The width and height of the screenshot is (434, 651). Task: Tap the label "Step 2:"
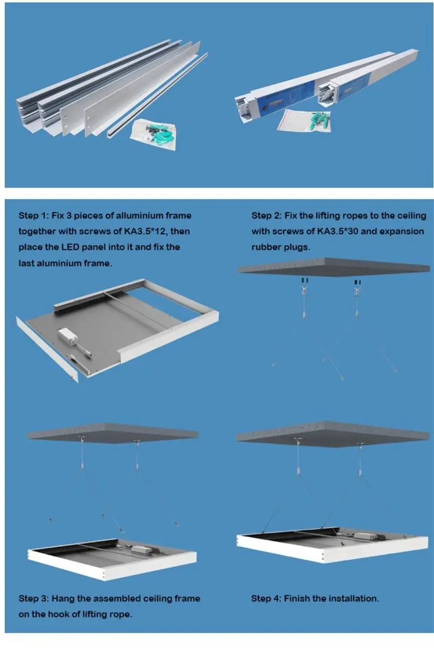(266, 216)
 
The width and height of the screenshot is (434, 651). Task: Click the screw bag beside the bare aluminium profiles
(154, 133)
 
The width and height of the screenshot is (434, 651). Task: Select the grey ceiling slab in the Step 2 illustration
(334, 267)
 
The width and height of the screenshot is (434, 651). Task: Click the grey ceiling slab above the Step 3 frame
(113, 433)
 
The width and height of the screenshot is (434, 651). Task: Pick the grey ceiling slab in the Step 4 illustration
(333, 433)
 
